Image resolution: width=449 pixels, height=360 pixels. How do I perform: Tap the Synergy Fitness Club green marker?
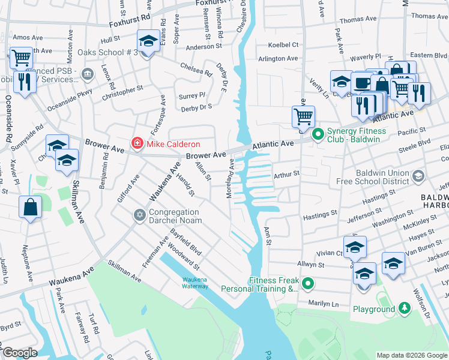[318, 133]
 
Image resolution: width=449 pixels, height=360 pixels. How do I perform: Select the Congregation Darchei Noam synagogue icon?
[140, 215]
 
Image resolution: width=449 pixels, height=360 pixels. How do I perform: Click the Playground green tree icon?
[405, 309]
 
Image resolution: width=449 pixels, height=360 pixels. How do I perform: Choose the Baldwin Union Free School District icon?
[418, 175]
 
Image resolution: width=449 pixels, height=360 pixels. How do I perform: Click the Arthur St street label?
[286, 175]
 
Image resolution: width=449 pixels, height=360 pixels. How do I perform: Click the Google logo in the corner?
[19, 353]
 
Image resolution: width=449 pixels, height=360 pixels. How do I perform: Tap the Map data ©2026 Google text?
[411, 355]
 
